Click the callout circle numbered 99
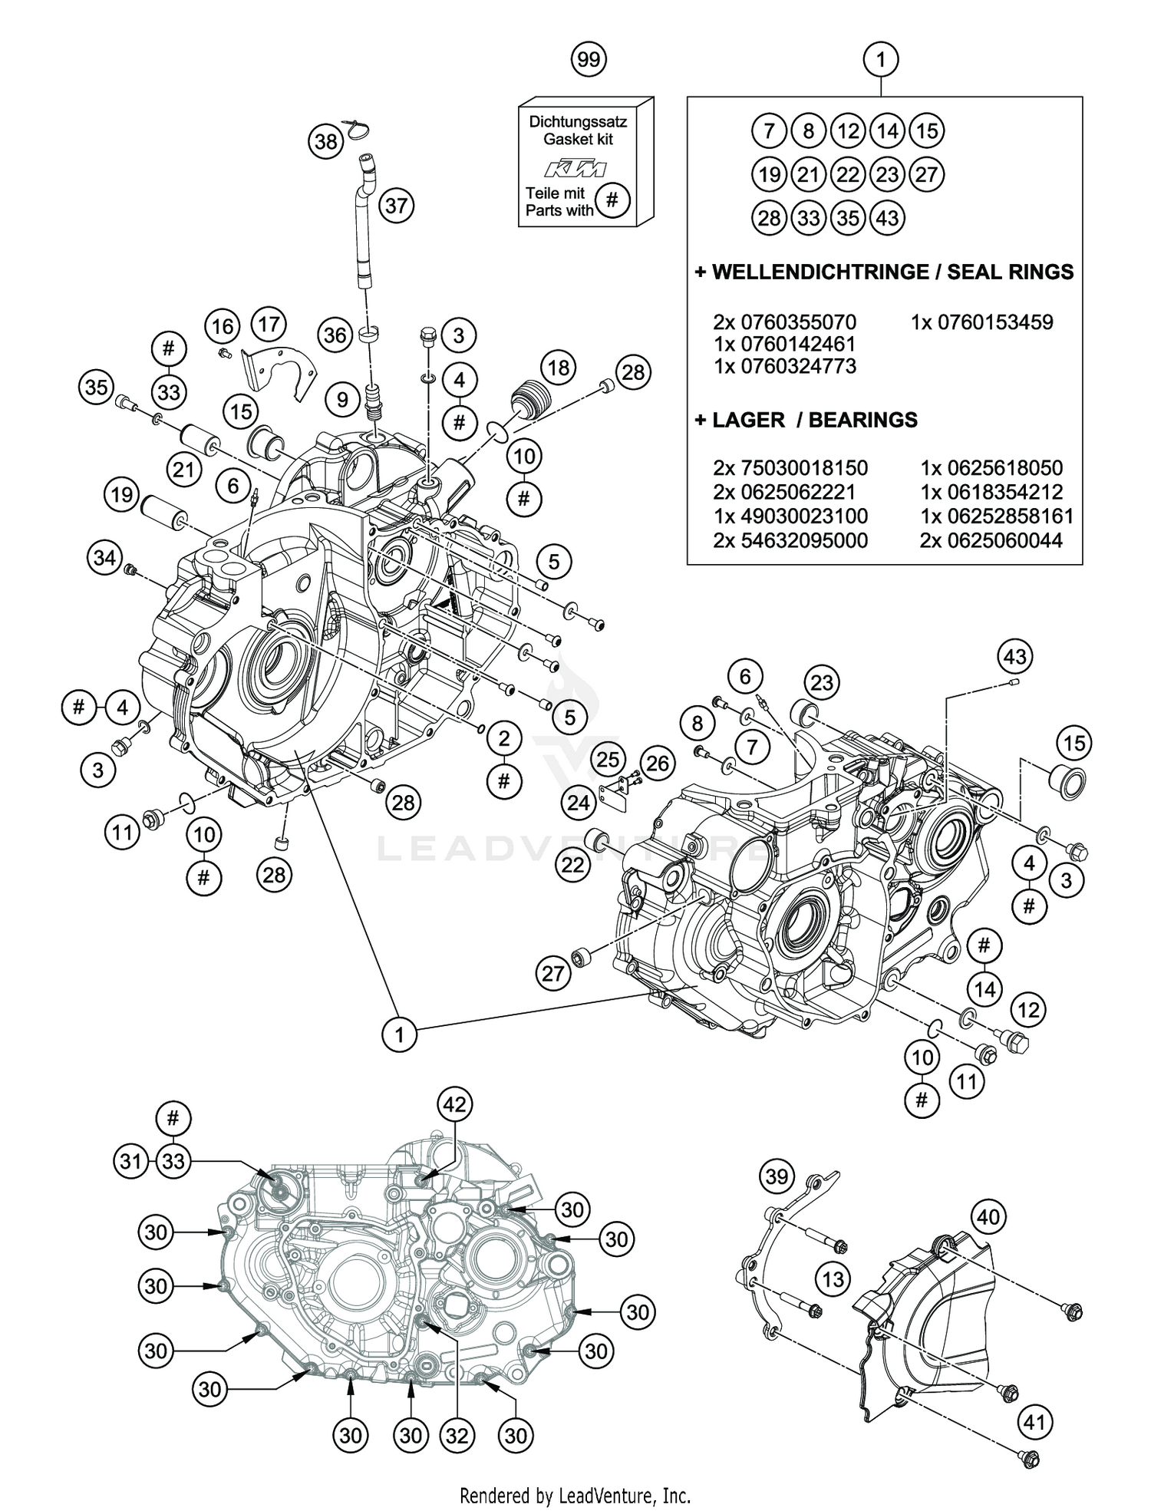click(x=589, y=59)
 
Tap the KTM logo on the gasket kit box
click(x=575, y=169)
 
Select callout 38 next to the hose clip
click(x=326, y=141)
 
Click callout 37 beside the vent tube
click(x=396, y=206)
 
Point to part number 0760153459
click(x=981, y=322)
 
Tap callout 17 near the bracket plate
click(x=269, y=325)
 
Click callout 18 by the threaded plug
click(x=559, y=368)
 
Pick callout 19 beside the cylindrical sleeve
click(x=122, y=495)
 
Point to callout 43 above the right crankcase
click(x=1014, y=657)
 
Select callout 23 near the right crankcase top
click(x=822, y=682)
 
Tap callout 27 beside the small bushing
click(x=553, y=974)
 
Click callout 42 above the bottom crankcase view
click(x=455, y=1104)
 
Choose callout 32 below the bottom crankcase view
click(x=457, y=1434)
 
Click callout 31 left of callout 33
click(x=131, y=1161)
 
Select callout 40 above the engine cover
click(x=988, y=1216)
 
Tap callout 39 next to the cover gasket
click(x=777, y=1176)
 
